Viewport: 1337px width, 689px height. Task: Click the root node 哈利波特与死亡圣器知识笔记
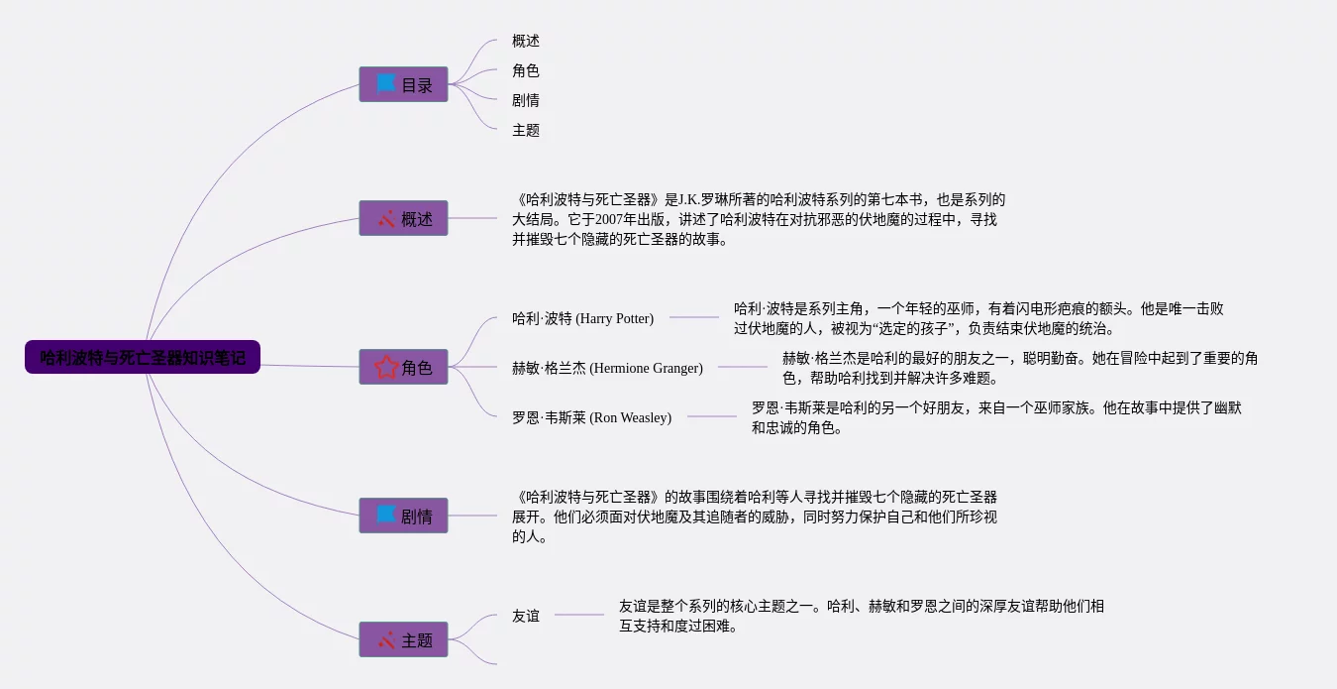(143, 357)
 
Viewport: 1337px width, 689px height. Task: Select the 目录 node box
(403, 84)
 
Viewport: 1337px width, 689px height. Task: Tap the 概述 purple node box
(403, 218)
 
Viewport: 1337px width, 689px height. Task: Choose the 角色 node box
(403, 367)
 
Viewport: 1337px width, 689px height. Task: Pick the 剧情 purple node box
(403, 516)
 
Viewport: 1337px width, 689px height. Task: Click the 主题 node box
(403, 639)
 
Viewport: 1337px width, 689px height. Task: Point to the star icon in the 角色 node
(386, 367)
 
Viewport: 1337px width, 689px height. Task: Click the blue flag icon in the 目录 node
(386, 83)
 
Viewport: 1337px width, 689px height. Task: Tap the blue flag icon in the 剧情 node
(386, 515)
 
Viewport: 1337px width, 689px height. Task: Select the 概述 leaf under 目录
(526, 41)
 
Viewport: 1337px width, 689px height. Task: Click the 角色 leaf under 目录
(526, 70)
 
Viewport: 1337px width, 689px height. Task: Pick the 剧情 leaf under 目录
(526, 100)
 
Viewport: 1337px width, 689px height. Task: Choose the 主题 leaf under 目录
(526, 130)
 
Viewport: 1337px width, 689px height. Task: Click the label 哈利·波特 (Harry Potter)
(582, 318)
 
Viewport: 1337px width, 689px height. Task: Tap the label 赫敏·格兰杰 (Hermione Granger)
(607, 368)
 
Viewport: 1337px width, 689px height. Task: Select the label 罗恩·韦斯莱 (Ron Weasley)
(591, 417)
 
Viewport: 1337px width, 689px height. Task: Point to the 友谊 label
(526, 616)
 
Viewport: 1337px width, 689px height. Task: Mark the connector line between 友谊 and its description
(579, 615)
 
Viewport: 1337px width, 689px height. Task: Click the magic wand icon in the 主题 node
(386, 639)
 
